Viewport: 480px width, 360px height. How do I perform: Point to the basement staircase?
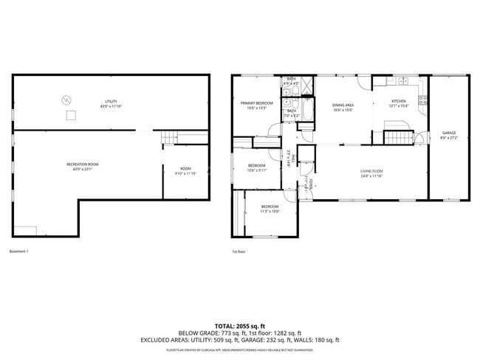point(171,136)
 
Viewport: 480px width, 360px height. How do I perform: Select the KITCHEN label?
point(399,103)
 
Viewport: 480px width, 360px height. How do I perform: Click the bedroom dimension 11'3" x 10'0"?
point(270,212)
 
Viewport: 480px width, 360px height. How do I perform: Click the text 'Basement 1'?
point(19,252)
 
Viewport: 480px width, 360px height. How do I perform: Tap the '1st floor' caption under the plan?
point(239,252)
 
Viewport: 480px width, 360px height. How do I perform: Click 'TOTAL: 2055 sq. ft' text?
point(240,325)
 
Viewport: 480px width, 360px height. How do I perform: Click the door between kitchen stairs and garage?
point(420,136)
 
